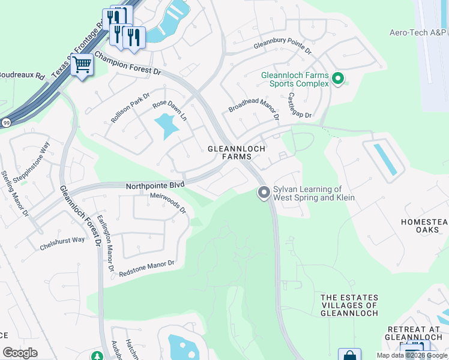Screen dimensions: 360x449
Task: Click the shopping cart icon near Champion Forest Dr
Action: click(82, 65)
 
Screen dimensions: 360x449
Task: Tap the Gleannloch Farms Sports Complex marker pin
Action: click(338, 79)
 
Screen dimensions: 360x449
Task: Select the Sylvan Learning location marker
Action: click(263, 193)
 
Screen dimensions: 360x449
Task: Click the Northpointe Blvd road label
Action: click(155, 186)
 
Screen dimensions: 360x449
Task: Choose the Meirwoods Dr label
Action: click(168, 203)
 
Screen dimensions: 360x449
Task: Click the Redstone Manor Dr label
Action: click(146, 268)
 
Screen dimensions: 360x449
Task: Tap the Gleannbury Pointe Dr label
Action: click(283, 46)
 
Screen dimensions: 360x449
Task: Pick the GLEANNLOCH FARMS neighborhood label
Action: click(236, 152)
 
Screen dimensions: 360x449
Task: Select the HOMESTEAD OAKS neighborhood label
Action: click(424, 227)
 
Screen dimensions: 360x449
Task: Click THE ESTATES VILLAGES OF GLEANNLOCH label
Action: click(349, 305)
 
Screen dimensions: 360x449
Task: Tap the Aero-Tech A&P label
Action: click(418, 33)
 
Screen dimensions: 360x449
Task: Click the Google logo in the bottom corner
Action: click(20, 353)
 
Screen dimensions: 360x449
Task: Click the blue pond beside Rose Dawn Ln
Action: click(166, 127)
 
